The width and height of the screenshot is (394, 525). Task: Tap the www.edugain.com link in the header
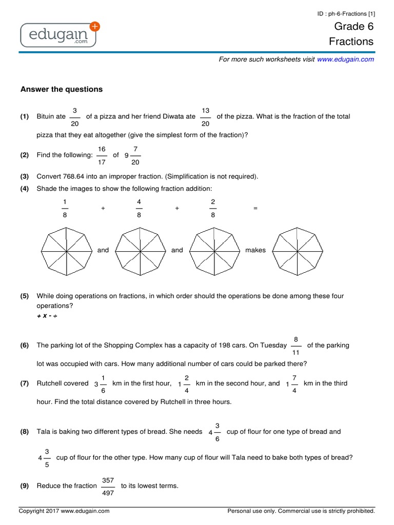[345, 59]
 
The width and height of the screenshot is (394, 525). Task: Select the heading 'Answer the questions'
[62, 89]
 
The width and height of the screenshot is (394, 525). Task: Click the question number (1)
[25, 117]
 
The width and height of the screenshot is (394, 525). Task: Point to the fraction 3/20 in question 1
[75, 117]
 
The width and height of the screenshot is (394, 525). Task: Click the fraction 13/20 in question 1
[205, 117]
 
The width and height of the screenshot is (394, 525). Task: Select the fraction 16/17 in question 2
[102, 155]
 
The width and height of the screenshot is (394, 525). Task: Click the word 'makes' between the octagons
[255, 250]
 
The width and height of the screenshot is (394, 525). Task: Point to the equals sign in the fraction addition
[255, 209]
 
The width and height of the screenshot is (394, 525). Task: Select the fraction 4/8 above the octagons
[139, 209]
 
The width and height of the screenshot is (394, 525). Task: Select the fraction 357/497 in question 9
[108, 486]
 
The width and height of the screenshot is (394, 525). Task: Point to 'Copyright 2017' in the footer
[39, 511]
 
